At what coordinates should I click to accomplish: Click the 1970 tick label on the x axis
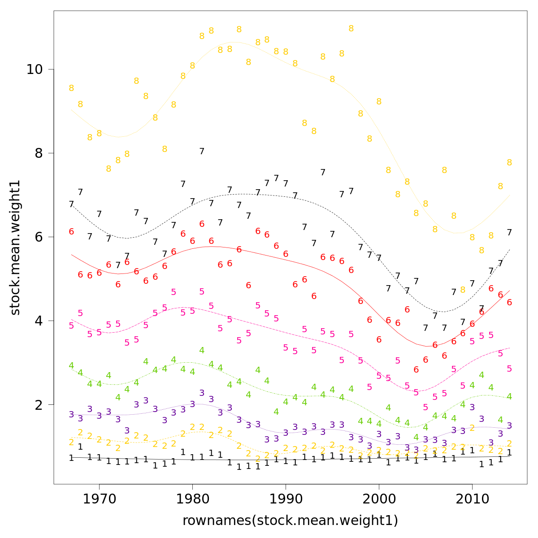coord(99,499)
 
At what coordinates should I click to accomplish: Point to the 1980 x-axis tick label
coord(192,499)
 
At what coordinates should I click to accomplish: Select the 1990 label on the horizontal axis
coord(286,499)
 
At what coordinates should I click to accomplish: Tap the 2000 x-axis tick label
coord(379,499)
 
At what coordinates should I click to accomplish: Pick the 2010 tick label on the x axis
coord(472,499)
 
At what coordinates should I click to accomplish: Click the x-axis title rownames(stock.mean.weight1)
coord(290,521)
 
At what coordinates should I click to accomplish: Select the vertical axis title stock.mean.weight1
coord(15,247)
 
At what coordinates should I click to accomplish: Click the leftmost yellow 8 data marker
coord(71,88)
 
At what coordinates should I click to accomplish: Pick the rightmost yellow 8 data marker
coord(509,163)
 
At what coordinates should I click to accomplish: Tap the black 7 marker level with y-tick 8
coord(202,152)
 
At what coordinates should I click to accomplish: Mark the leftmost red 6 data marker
coord(71,232)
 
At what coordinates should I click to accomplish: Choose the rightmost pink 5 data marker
coord(509,369)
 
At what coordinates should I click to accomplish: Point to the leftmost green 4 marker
coord(71,366)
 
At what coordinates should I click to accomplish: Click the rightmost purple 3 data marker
coord(509,425)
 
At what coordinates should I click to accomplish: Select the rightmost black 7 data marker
coord(509,232)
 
